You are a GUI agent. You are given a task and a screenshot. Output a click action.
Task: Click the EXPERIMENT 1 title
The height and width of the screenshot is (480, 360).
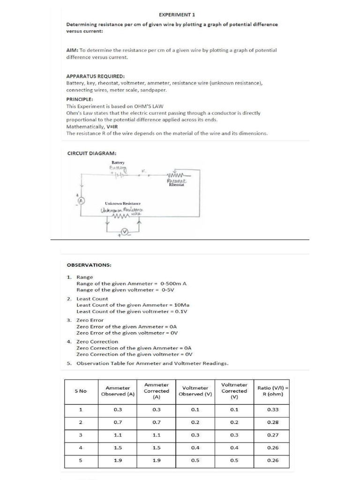coord(177,15)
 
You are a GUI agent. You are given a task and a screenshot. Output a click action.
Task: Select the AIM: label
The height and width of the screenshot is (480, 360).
coord(73,50)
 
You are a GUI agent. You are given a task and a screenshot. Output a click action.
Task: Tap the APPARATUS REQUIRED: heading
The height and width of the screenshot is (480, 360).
coord(95,76)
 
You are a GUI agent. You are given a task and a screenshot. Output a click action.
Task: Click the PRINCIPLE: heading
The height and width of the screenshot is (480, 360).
coord(80,99)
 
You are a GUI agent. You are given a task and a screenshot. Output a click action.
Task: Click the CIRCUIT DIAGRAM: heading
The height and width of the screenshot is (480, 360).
coord(92,153)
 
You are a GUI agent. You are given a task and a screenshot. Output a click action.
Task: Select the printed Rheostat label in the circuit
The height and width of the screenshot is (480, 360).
coord(177,185)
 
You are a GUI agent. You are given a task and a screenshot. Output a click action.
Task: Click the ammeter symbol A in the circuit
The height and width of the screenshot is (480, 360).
coord(81,201)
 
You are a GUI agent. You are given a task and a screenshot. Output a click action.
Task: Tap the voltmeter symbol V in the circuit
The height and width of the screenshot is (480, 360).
coord(125,232)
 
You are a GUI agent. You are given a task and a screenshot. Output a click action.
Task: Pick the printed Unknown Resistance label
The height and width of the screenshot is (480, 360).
coord(122,203)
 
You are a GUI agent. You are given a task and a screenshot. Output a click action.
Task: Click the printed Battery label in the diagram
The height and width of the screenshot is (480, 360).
coord(118,162)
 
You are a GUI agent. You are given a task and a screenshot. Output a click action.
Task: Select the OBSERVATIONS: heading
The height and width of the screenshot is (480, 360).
coord(89,265)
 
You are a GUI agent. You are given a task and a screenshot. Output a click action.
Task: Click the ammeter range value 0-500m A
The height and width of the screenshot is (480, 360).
coord(173,284)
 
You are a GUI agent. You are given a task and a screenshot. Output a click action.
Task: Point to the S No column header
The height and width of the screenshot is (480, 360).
coord(81,390)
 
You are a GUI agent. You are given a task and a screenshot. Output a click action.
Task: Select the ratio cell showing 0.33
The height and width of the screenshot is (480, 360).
coord(272,409)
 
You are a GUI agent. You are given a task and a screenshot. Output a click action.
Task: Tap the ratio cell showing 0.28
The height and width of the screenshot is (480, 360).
coord(272,422)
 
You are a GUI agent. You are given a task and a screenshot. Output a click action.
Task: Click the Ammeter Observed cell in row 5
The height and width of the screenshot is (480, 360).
coord(118,460)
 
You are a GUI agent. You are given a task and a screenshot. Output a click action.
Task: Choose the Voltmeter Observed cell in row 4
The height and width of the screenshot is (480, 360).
coord(195,447)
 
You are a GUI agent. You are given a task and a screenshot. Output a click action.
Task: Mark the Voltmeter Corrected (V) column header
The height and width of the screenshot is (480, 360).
coord(234,390)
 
